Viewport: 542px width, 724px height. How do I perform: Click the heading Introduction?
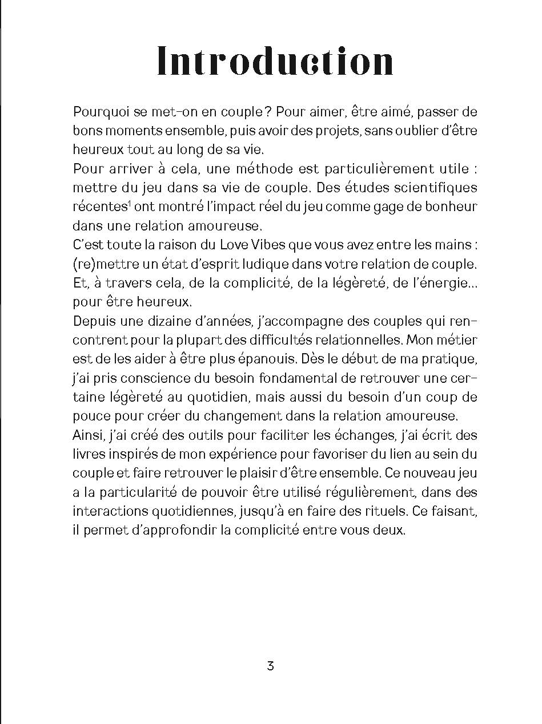coord(275,62)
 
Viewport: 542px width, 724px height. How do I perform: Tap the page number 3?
coord(271,665)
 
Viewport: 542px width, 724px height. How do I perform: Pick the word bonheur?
coord(448,207)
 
